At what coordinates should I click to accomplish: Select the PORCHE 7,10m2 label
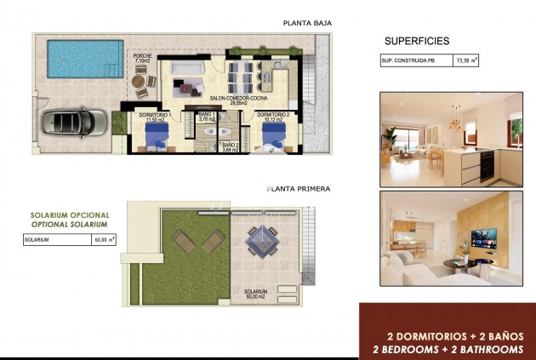pos(142,58)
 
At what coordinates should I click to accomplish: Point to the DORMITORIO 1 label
pos(155,117)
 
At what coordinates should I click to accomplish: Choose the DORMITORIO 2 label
pos(273,117)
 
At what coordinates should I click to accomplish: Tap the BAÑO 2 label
pos(231,147)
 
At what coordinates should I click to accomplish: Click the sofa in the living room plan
pos(186,84)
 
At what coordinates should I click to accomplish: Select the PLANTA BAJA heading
pos(307,23)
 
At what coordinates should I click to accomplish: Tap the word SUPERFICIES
pos(417,41)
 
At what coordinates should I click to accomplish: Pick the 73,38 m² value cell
pos(466,61)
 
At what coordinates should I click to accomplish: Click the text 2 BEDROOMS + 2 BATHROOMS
pos(448,349)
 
